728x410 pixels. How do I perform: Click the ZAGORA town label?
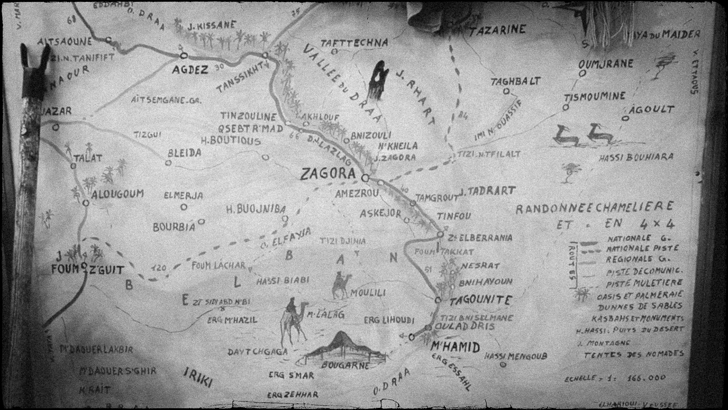pyautogui.click(x=328, y=174)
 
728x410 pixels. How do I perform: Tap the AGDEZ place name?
pyautogui.click(x=190, y=70)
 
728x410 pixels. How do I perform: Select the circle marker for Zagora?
pyautogui.click(x=365, y=177)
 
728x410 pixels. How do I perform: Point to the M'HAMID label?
pyautogui.click(x=455, y=347)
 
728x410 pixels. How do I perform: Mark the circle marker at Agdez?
pyautogui.click(x=184, y=55)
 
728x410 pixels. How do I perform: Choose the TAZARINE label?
pyautogui.click(x=497, y=30)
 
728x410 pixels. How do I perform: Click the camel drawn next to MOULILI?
pyautogui.click(x=340, y=285)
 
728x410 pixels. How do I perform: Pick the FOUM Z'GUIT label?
pyautogui.click(x=88, y=270)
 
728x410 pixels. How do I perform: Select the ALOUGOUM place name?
pyautogui.click(x=118, y=194)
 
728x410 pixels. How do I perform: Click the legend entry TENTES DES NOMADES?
pyautogui.click(x=634, y=355)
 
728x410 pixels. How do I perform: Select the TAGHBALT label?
pyautogui.click(x=515, y=81)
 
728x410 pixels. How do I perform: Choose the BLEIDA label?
pyautogui.click(x=185, y=153)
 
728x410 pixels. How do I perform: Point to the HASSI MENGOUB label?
pyautogui.click(x=516, y=356)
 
